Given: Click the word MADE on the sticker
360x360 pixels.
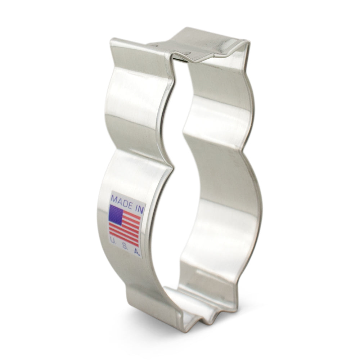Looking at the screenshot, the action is pos(121,200).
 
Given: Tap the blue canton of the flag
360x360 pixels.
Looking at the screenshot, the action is pos(116,215).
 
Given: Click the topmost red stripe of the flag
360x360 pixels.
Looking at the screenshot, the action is pos(131,214).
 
